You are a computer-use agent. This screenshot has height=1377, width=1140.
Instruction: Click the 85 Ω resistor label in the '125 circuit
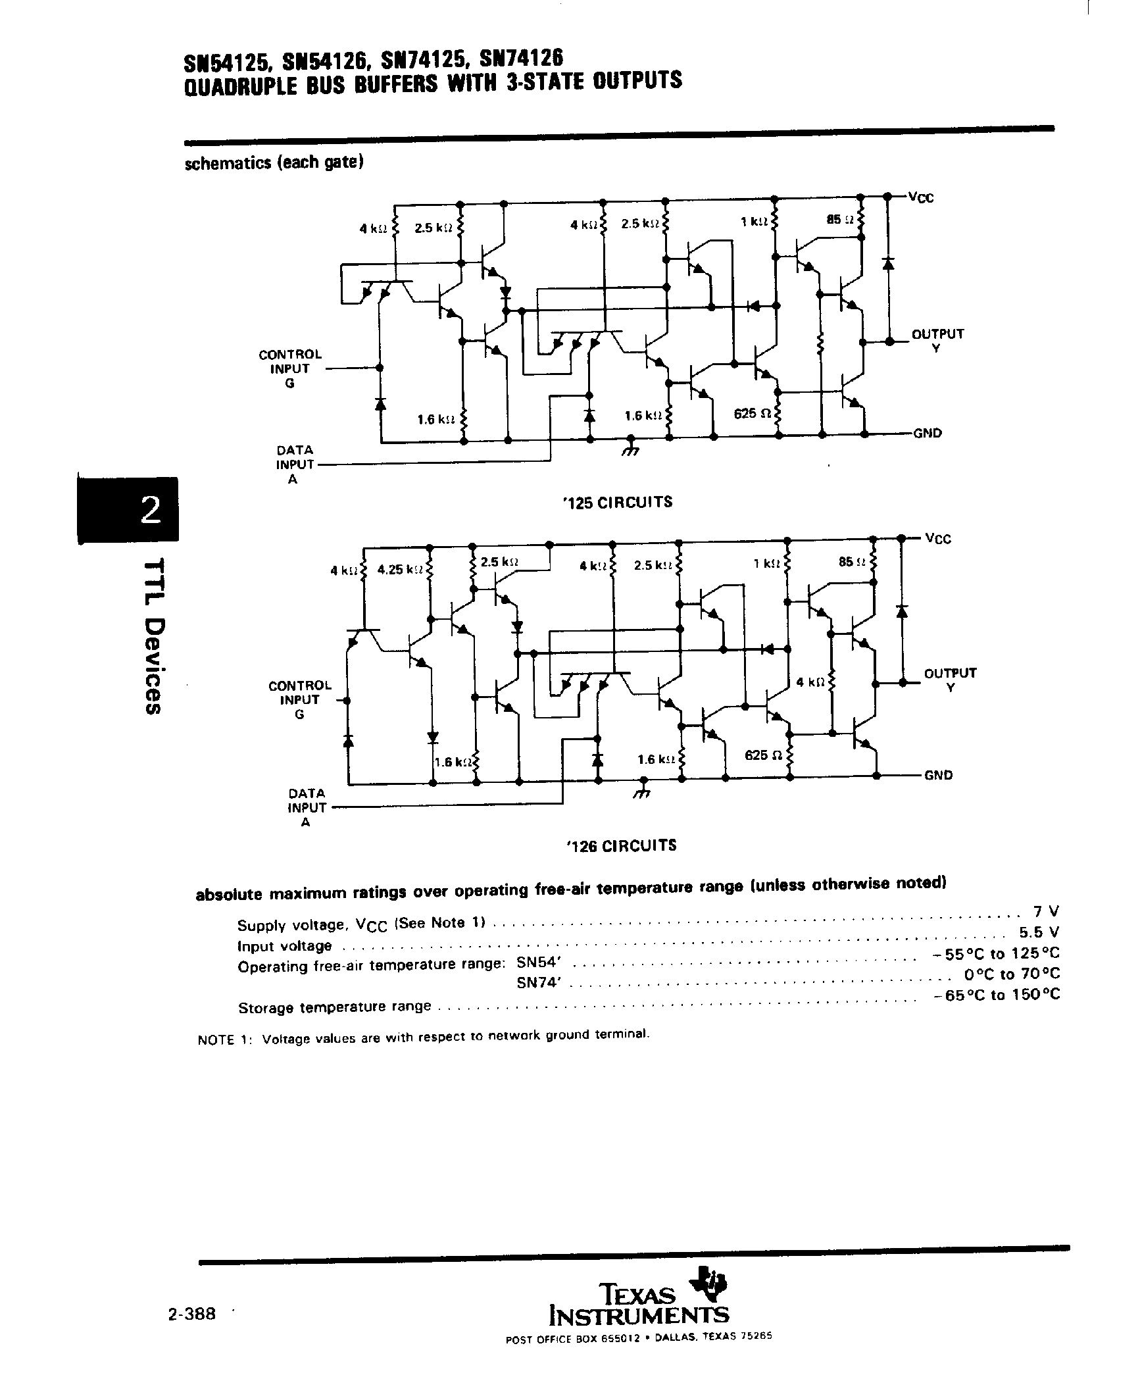click(x=840, y=220)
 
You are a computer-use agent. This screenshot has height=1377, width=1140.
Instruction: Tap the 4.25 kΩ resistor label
click(x=399, y=570)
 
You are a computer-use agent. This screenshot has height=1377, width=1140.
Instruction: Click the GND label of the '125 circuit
click(x=928, y=434)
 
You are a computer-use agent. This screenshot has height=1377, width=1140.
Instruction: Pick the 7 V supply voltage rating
click(x=1046, y=912)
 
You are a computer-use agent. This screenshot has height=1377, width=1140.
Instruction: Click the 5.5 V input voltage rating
click(x=1039, y=932)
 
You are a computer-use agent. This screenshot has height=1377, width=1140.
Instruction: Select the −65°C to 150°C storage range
click(x=997, y=995)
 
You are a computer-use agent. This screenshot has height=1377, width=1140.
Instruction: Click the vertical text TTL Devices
click(x=152, y=636)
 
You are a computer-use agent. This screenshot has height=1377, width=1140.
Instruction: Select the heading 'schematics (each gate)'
click(x=274, y=163)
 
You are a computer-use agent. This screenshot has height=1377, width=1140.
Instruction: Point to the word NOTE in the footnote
click(x=216, y=1040)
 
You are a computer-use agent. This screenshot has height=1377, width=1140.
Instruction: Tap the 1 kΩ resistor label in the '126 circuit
click(x=765, y=563)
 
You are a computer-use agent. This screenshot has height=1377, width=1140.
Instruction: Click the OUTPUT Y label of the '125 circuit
click(x=937, y=340)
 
